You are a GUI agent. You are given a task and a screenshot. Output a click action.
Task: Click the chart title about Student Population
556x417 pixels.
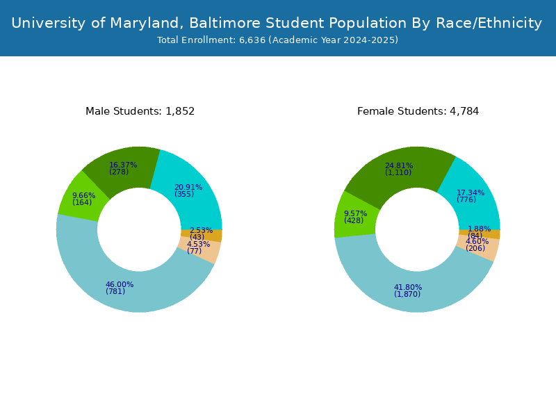tap(277, 23)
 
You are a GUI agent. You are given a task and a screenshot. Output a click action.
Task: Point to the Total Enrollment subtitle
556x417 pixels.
tap(277, 40)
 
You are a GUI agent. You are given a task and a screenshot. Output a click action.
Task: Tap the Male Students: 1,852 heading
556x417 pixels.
tap(140, 111)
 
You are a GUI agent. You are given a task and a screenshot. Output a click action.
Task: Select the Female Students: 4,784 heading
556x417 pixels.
tap(418, 111)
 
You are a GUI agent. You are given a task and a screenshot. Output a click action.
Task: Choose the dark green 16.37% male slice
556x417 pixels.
tap(122, 168)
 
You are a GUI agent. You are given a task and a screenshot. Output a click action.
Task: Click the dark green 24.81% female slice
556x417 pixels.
tap(399, 170)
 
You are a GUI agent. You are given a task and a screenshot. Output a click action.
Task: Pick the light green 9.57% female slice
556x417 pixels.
tap(354, 216)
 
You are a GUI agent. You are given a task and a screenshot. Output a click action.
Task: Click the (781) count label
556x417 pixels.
tap(115, 291)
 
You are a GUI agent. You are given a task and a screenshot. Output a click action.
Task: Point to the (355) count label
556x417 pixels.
tap(184, 195)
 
